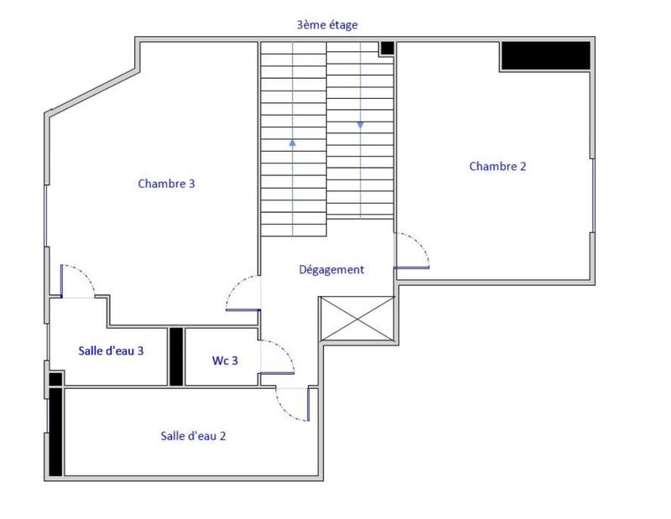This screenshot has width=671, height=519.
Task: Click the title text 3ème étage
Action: [x=327, y=25]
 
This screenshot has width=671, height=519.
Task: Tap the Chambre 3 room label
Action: [x=167, y=183]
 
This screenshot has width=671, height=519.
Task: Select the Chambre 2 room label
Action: [x=497, y=166]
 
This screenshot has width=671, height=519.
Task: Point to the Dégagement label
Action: [x=331, y=270]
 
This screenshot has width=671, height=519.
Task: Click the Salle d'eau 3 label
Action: [x=111, y=350]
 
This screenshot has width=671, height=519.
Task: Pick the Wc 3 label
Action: [x=225, y=361]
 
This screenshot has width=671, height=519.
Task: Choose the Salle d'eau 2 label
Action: [x=193, y=436]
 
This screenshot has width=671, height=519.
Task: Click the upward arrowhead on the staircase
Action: [x=293, y=143]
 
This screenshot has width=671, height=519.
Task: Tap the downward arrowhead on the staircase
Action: [x=361, y=125]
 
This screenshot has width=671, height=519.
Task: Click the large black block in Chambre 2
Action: [x=545, y=55]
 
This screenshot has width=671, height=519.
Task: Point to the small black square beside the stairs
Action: [x=387, y=49]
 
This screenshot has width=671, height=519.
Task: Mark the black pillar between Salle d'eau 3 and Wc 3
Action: [x=176, y=356]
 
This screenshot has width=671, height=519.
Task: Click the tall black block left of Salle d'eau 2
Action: [x=55, y=432]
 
